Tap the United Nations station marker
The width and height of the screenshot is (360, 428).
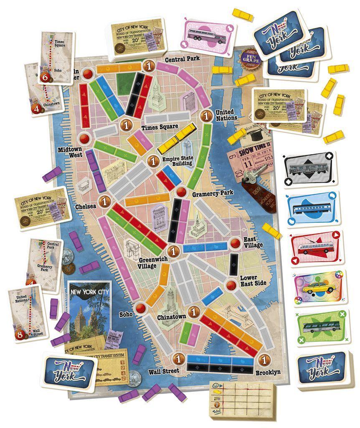tap(205, 115)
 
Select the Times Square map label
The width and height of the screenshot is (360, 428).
tap(154, 127)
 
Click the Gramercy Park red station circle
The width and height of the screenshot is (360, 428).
tap(170, 192)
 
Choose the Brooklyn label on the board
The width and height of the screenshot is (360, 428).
tap(269, 372)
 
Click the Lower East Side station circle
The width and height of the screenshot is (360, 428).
tap(231, 285)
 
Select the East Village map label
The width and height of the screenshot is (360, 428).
tap(253, 242)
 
